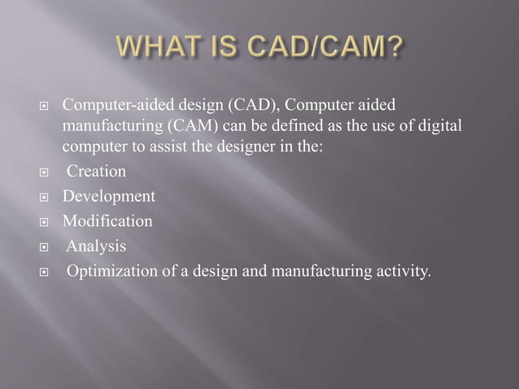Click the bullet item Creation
click(96, 172)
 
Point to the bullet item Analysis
click(96, 246)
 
